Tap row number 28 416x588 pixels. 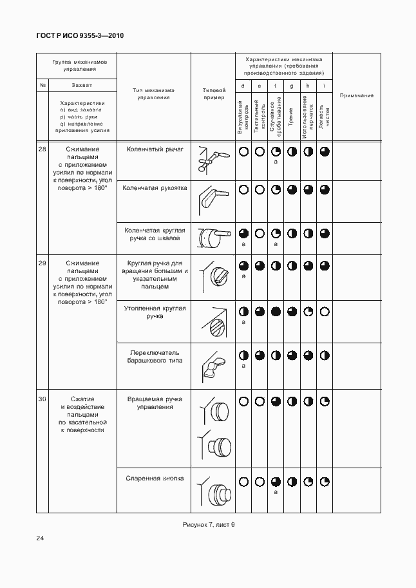43,150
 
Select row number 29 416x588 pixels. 43,263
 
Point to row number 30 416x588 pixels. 43,400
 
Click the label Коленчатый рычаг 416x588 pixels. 155,149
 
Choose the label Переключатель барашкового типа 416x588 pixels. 155,357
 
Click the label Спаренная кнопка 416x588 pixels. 155,479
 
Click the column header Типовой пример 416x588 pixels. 214,94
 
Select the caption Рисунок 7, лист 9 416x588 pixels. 209,525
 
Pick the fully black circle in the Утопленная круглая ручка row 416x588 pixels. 276,312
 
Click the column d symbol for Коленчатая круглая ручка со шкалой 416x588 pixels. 243,234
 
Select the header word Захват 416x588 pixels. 81,85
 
